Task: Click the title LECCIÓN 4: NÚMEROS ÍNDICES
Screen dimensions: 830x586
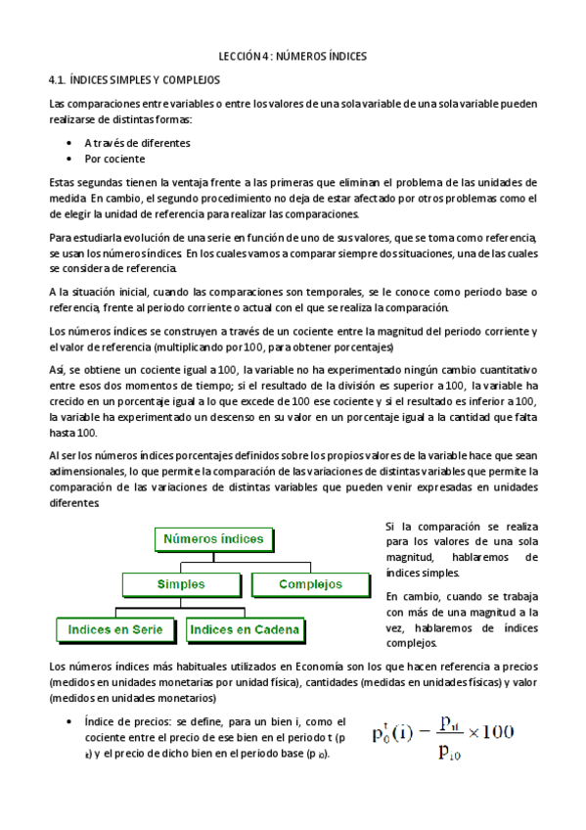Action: (293, 57)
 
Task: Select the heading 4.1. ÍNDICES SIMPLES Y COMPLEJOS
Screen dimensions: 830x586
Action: (134, 80)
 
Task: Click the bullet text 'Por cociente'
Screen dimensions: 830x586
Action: (114, 159)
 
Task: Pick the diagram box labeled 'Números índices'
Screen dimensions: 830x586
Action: (212, 539)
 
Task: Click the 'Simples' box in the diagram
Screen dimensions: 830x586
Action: (181, 584)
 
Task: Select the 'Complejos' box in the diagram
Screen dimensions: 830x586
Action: (310, 584)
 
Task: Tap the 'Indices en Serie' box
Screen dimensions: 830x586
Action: (115, 629)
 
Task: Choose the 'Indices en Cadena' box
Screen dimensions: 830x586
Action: (245, 629)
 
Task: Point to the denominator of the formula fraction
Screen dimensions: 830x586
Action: (450, 752)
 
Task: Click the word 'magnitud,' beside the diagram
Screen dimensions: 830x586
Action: (411, 557)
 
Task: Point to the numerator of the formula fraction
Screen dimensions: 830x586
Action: (451, 724)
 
